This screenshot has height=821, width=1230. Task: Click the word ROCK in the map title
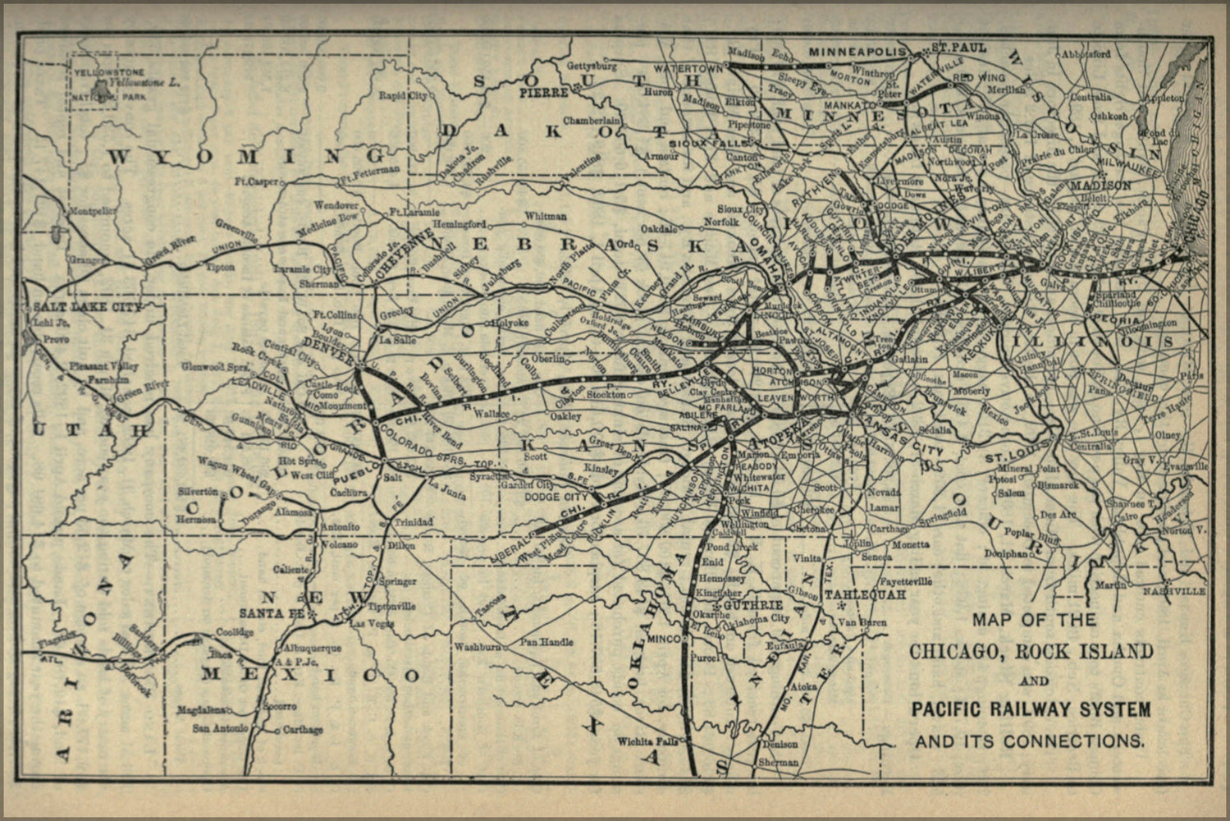[1045, 652]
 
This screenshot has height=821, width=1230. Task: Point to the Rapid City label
[403, 96]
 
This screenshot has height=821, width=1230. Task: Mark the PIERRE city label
[542, 93]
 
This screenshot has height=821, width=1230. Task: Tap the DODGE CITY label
[556, 497]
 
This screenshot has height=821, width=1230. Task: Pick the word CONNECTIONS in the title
[1075, 741]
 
